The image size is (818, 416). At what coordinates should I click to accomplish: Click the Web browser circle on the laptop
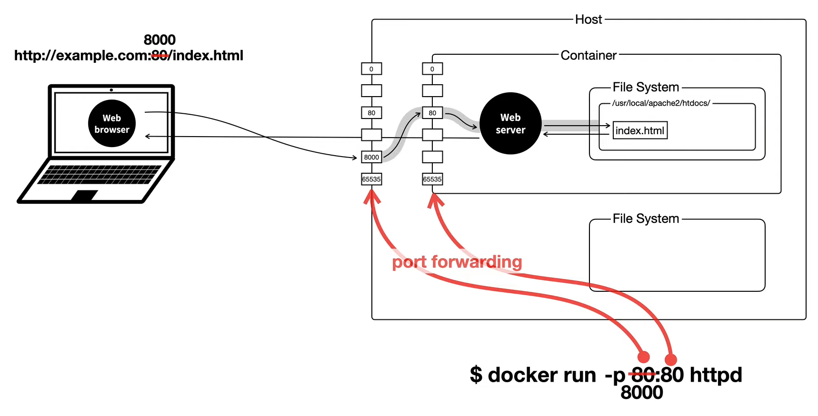click(x=112, y=123)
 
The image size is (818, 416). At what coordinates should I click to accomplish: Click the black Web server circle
click(x=510, y=123)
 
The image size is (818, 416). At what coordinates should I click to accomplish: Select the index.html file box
click(x=640, y=130)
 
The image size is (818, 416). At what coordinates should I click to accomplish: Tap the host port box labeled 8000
click(x=371, y=157)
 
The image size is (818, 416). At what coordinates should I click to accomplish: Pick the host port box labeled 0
click(x=371, y=69)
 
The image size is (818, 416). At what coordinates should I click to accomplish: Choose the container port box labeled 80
click(x=432, y=113)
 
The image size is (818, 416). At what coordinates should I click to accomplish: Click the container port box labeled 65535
click(x=432, y=179)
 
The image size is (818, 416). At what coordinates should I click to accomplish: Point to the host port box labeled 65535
click(x=371, y=179)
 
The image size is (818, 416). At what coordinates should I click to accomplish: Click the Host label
click(x=589, y=20)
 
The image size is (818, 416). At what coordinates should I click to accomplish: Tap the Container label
click(x=589, y=55)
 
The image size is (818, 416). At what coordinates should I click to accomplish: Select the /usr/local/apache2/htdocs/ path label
click(x=661, y=103)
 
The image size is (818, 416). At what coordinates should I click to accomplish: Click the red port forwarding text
click(x=457, y=262)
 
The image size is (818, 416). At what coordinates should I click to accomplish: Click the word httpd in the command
click(x=716, y=375)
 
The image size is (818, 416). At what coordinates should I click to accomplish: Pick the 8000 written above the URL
click(x=160, y=40)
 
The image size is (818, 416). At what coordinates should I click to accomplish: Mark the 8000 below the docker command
click(x=642, y=393)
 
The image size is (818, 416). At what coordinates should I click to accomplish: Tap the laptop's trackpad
click(x=85, y=195)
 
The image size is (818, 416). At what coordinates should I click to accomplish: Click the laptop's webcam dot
click(x=111, y=89)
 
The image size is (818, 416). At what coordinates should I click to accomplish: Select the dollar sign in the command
click(x=476, y=375)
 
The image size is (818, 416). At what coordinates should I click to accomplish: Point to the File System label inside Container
click(x=646, y=87)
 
